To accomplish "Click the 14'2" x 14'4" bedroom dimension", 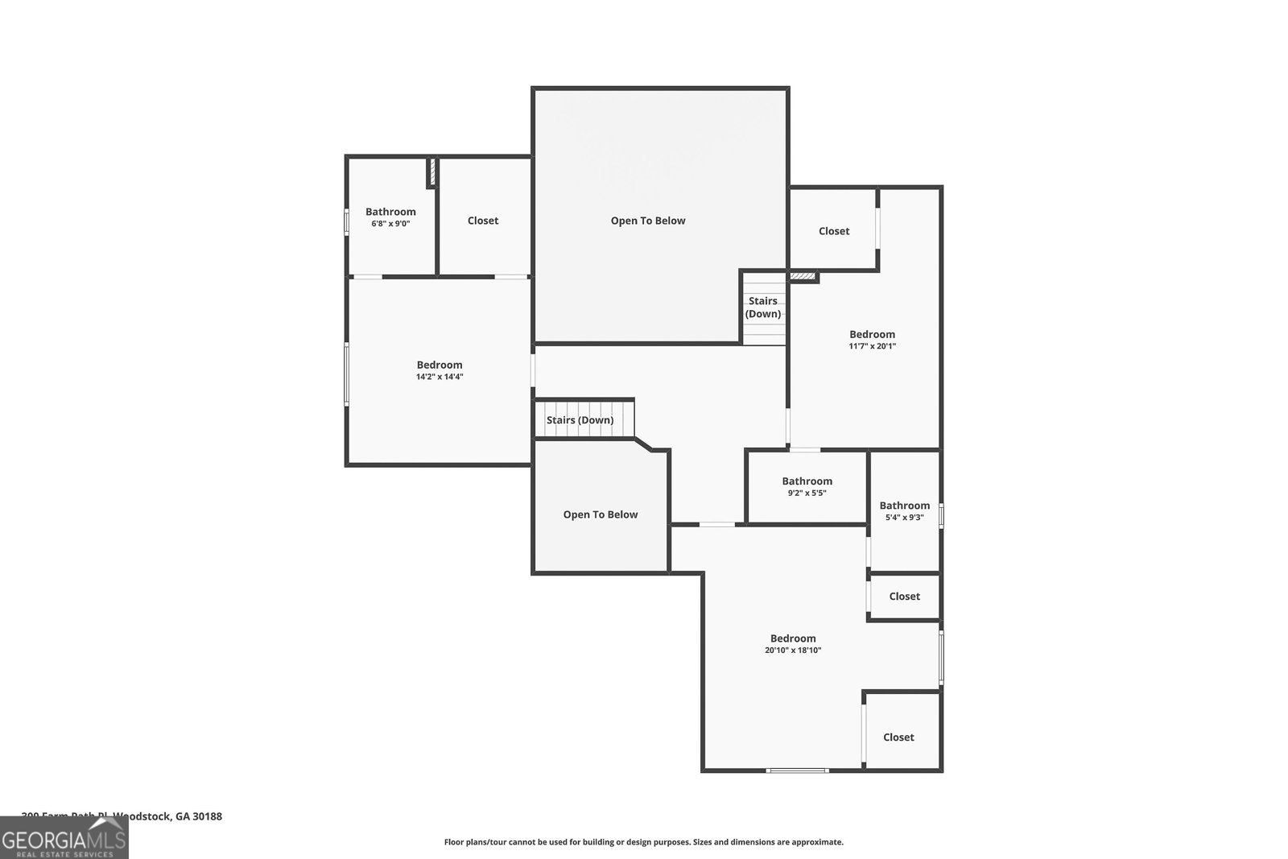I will [x=440, y=377].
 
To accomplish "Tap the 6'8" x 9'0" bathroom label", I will [x=390, y=217].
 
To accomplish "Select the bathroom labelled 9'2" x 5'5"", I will [x=807, y=486].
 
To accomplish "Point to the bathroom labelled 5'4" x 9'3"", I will [x=904, y=511].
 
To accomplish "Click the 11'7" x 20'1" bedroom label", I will [x=872, y=340].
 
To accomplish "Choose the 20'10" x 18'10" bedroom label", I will [x=793, y=644].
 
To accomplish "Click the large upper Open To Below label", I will [x=648, y=221].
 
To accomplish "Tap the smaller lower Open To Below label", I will [x=601, y=514].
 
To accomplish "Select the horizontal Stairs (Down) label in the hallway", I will [x=580, y=420].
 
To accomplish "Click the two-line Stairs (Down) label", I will [x=762, y=308].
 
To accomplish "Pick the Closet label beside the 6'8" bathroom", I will [x=483, y=221].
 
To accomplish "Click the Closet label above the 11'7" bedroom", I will [x=834, y=231].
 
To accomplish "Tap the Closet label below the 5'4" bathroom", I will [x=904, y=597].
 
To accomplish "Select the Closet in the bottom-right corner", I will [x=898, y=737].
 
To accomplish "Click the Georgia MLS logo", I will [x=64, y=837].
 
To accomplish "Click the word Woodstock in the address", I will [x=142, y=816].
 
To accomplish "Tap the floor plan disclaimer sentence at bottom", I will [x=644, y=842].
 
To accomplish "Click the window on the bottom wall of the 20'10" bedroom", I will [x=797, y=770].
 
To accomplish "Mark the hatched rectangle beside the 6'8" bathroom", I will [x=431, y=172].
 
